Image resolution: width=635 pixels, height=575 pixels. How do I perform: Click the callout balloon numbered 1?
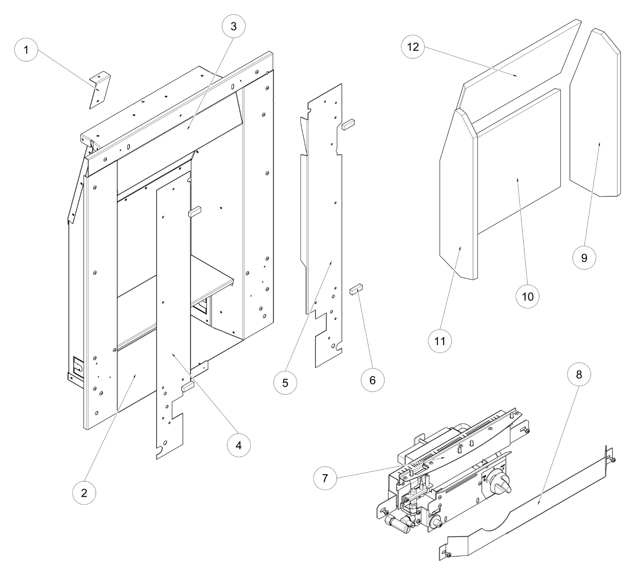coord(26,50)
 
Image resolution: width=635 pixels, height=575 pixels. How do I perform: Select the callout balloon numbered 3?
coord(234,26)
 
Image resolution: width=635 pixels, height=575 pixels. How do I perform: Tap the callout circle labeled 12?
coord(413,47)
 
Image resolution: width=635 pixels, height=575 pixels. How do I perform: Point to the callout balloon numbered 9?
coord(584,257)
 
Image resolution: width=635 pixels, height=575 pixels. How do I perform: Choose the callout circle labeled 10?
coord(527,296)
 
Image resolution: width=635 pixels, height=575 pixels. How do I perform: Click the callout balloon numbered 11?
coord(440,340)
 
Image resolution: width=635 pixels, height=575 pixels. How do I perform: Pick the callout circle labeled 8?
coord(579,374)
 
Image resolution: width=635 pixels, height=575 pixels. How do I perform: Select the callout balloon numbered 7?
coord(325,478)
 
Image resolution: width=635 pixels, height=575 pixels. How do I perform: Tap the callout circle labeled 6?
coord(372,380)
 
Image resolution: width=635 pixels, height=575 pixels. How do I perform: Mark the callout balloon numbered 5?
coord(285,382)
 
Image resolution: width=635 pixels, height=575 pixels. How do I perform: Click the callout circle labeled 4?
coord(239,445)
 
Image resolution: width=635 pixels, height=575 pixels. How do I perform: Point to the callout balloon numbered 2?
coord(84,492)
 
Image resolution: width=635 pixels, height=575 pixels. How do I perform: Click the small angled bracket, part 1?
coord(100,90)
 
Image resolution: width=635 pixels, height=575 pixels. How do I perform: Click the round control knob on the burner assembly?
coord(498,484)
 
